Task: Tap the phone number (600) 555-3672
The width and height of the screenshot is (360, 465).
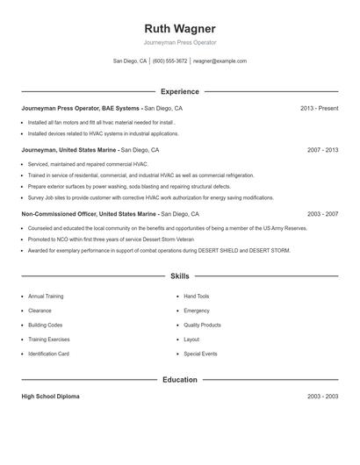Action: click(x=169, y=61)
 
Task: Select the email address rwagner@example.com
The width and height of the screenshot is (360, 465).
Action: click(x=220, y=61)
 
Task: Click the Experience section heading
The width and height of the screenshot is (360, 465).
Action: click(x=179, y=91)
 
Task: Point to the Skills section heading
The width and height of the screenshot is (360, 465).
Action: click(x=179, y=275)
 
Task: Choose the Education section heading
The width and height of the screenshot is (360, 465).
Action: click(x=179, y=380)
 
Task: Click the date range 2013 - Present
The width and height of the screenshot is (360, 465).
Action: click(x=319, y=108)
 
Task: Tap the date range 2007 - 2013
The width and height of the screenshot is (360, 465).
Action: click(x=322, y=150)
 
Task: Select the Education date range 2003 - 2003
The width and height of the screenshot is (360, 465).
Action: click(x=322, y=397)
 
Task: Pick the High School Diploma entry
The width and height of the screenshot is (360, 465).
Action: click(x=50, y=397)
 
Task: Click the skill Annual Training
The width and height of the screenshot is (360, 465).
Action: click(x=46, y=297)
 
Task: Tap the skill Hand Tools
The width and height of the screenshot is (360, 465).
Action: click(x=196, y=297)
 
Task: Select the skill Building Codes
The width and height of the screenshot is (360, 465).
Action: click(x=45, y=325)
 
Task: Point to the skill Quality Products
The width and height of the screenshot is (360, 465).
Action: click(x=202, y=325)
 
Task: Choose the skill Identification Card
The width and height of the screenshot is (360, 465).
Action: click(x=48, y=354)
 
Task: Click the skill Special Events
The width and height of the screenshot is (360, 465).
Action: click(x=199, y=354)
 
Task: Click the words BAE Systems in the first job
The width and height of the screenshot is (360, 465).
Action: click(x=120, y=108)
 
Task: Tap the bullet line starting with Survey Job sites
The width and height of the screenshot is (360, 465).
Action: click(x=138, y=197)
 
